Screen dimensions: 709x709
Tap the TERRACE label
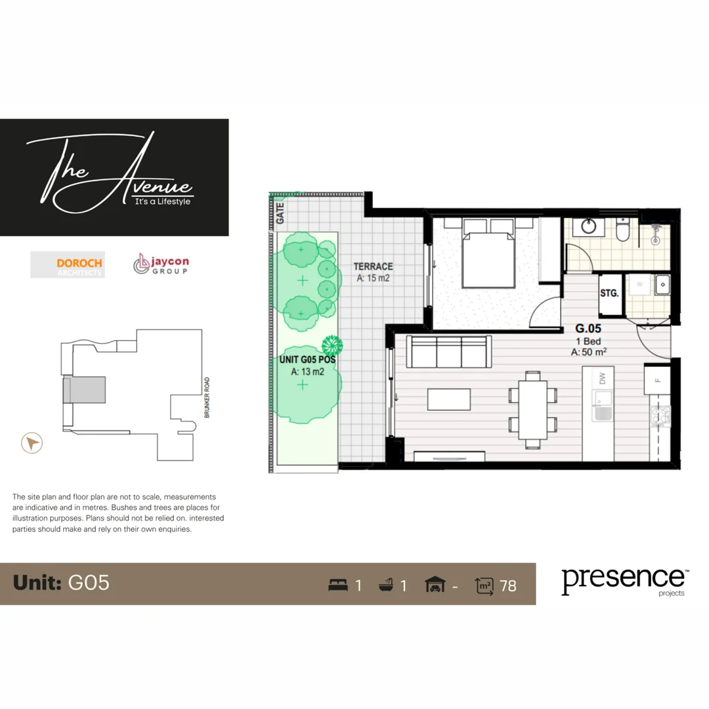click(x=373, y=267)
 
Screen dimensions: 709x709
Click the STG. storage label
click(x=609, y=293)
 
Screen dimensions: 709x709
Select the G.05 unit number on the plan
click(x=589, y=328)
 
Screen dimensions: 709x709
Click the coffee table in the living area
click(x=448, y=399)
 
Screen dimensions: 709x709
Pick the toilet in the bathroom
click(x=623, y=229)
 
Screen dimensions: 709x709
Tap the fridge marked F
click(x=656, y=379)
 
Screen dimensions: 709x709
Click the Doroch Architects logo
click(x=67, y=265)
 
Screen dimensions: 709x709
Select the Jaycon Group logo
click(x=161, y=265)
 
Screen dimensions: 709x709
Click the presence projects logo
click(x=622, y=581)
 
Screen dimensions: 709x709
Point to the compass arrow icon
click(x=32, y=444)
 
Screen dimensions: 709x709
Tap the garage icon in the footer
click(x=434, y=584)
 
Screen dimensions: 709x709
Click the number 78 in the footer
click(x=508, y=585)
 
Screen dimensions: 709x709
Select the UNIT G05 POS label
click(x=303, y=359)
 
